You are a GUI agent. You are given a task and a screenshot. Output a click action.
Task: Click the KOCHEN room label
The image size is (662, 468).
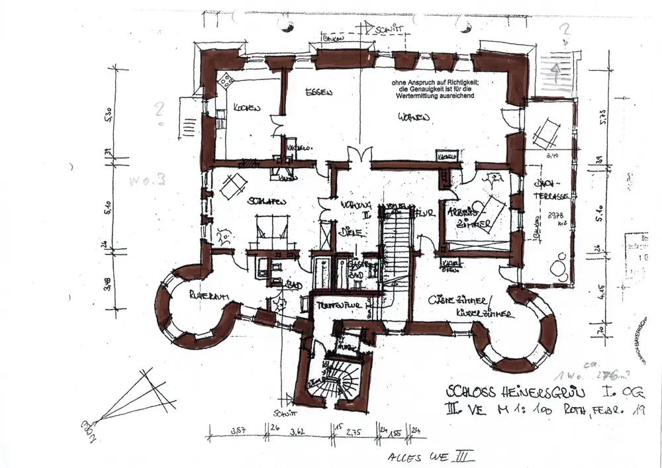click(246, 108)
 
